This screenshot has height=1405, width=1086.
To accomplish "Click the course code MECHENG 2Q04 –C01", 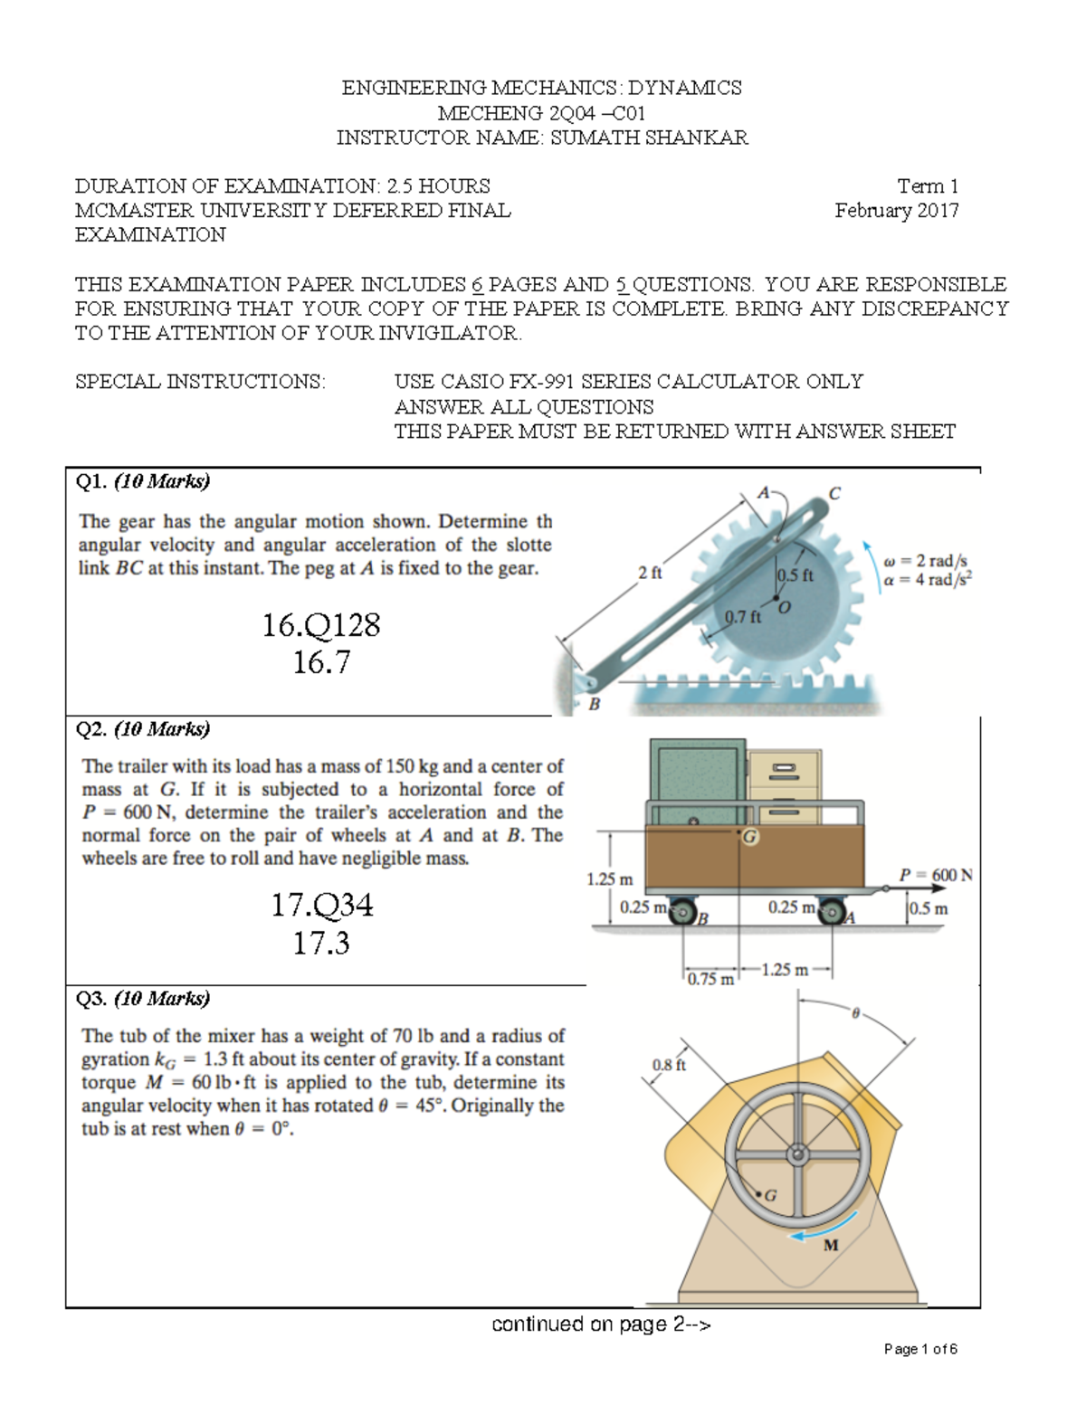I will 541,113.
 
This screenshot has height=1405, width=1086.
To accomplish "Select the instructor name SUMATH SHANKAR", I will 649,138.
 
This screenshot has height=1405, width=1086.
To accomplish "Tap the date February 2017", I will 896,211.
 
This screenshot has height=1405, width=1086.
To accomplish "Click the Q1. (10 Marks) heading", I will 143,481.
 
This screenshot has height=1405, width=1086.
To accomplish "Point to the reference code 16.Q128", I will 320,624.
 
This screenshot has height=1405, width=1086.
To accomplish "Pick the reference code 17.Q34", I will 321,905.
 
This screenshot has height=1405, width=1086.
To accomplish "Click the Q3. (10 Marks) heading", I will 143,998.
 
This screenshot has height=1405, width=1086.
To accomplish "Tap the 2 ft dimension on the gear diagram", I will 649,573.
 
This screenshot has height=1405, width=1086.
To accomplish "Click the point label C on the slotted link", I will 834,494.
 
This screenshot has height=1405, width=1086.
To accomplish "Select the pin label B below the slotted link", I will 595,703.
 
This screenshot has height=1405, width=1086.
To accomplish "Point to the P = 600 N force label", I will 936,875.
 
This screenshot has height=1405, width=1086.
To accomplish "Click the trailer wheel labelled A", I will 831,915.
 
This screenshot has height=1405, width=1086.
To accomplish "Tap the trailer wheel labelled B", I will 682,915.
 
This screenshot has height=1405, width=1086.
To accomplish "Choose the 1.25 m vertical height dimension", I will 609,878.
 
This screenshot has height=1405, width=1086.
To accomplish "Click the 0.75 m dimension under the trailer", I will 710,979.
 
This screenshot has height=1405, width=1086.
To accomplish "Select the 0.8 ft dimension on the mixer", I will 669,1065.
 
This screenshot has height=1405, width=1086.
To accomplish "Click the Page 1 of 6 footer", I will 919,1349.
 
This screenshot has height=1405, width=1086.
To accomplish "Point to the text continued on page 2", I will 601,1324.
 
